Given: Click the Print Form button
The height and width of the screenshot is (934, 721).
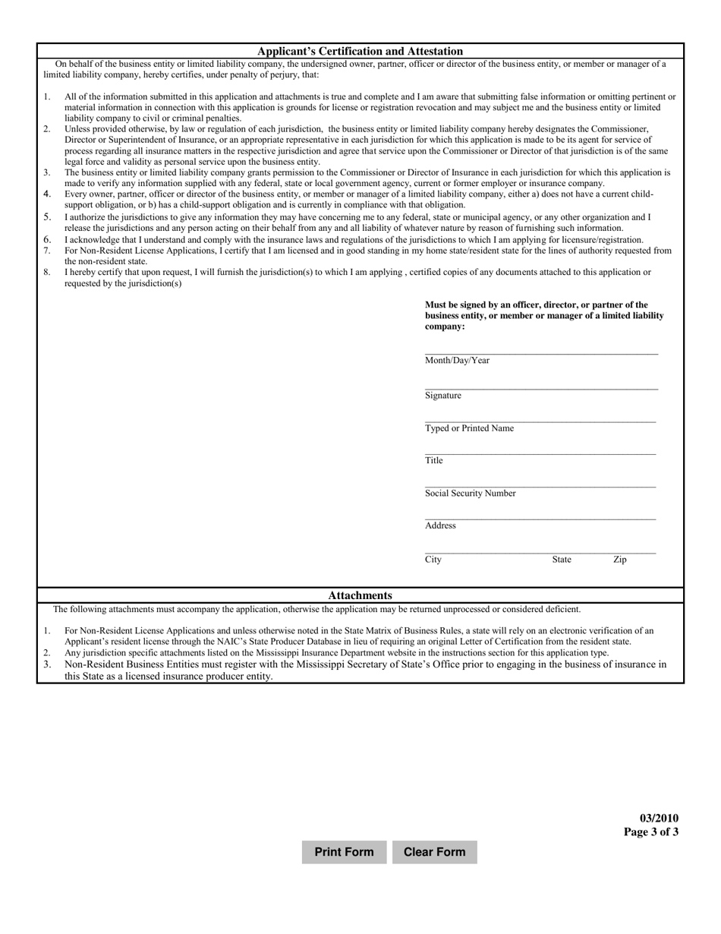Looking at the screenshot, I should pos(344,852).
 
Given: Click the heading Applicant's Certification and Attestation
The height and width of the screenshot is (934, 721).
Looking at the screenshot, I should pos(360,51).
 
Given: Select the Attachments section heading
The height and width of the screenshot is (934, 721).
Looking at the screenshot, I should pos(360,595).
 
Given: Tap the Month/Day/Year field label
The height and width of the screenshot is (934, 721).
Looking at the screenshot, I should pos(457,360).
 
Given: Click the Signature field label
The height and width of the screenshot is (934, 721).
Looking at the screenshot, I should pos(442,396).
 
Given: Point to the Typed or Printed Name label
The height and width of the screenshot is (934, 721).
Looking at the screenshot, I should pos(469,428).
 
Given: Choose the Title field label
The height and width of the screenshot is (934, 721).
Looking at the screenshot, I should pos(433,460).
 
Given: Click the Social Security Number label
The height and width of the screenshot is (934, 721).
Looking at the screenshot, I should pos(470,493).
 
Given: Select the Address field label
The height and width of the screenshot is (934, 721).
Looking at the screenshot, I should pos(440,525).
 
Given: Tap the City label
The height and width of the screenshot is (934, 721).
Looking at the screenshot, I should pos(433,560).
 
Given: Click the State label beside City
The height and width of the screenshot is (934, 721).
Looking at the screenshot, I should pos(562,560).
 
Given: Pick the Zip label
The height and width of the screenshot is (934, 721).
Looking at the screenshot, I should pos(620,560).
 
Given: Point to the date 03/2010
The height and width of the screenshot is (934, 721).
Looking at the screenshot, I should pos(659,818).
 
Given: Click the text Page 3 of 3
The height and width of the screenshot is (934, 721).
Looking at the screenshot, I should pos(651,831).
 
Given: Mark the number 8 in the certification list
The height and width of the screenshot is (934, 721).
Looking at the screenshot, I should pos(46,272).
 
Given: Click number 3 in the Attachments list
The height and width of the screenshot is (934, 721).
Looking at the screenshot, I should pos(46,664).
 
